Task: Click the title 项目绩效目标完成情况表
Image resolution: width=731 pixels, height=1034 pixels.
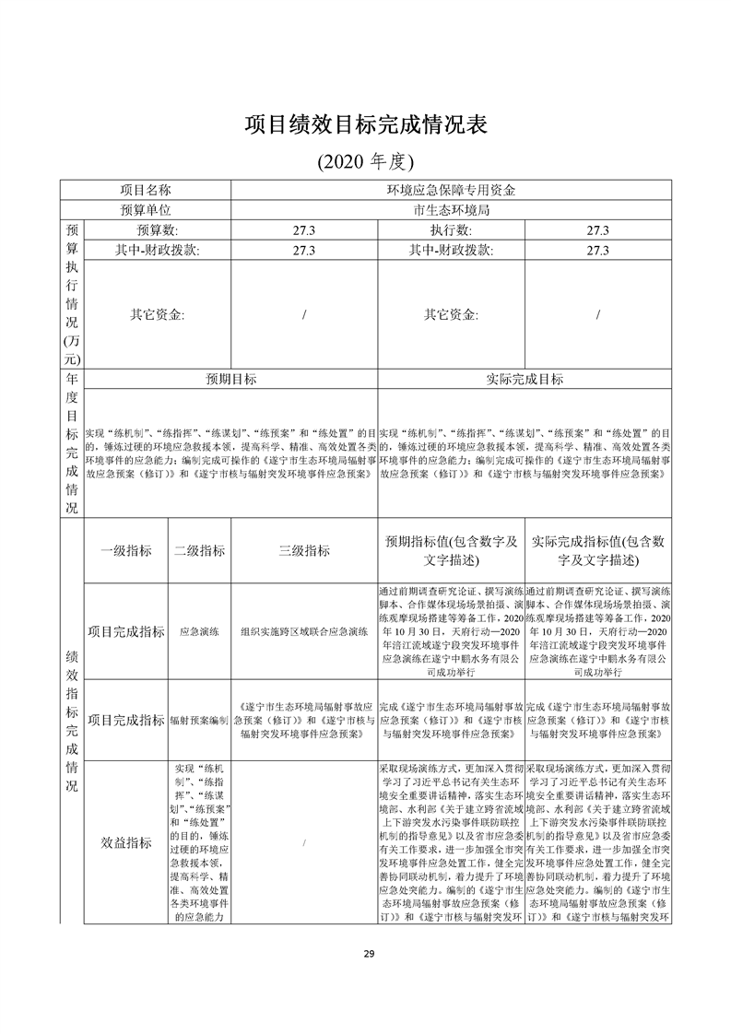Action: [x=365, y=125]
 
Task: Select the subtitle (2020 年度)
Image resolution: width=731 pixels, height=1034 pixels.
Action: [x=365, y=162]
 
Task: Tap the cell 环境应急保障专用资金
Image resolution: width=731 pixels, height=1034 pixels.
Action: [x=451, y=191]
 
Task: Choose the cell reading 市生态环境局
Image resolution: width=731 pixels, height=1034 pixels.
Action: [x=451, y=210]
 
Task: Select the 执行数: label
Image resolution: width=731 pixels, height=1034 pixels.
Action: [x=451, y=229]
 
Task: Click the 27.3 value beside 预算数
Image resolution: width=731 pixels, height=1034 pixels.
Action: [x=304, y=229]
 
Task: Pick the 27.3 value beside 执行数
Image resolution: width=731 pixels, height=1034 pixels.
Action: [x=598, y=229]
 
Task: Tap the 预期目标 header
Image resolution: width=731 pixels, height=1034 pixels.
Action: [x=230, y=379]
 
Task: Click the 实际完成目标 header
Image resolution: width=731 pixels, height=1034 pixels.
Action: [x=525, y=379]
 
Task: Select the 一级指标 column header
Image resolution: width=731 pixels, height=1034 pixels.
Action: [x=126, y=550]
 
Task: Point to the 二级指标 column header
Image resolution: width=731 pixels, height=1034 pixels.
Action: [x=199, y=550]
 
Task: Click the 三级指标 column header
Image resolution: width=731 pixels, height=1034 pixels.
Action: [x=304, y=550]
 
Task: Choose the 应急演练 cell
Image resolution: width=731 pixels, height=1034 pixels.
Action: [x=199, y=632]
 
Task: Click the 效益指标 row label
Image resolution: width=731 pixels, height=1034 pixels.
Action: [x=126, y=842]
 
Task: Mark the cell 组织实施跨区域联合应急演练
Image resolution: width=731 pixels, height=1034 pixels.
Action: [x=304, y=632]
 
